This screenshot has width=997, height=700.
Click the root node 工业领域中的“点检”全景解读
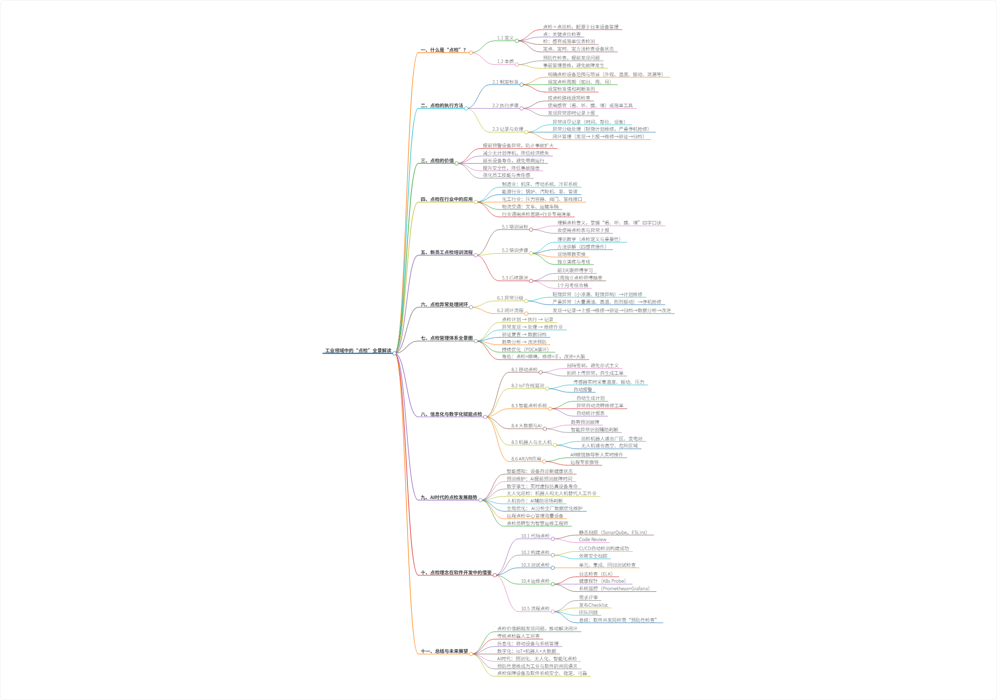tap(358, 350)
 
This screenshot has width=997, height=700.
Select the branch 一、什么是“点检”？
tap(443, 50)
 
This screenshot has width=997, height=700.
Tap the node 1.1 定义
tap(505, 38)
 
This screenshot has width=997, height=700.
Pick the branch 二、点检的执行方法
tap(442, 106)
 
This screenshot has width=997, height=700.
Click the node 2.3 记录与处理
tap(507, 129)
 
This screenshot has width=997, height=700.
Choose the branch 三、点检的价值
tap(437, 161)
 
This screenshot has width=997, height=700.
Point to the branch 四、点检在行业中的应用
tap(446, 199)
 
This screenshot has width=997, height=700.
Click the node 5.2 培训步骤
tap(515, 251)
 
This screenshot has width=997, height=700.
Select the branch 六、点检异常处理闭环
tap(444, 305)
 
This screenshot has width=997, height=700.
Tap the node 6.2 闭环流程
tap(510, 311)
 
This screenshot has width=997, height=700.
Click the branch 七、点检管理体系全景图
tap(446, 338)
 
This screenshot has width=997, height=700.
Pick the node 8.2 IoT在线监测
tap(528, 386)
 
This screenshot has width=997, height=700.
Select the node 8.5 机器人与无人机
tap(531, 442)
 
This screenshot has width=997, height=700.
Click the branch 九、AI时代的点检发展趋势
tap(449, 498)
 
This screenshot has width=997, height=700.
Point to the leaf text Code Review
tap(592, 540)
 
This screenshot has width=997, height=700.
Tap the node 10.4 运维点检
tap(535, 581)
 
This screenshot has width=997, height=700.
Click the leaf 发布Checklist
tap(593, 605)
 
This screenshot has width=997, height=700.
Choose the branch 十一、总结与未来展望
tap(444, 651)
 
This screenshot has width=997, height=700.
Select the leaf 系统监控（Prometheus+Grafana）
tap(614, 589)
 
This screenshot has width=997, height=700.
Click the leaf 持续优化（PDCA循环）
tap(525, 349)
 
